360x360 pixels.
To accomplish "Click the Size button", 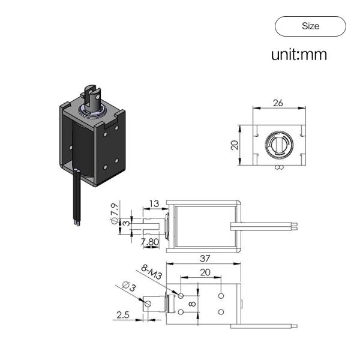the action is coord(310,26).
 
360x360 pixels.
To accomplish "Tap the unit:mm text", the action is coord(299,55).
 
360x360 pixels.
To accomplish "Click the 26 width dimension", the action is coord(278,103).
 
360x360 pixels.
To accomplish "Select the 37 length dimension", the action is coord(205,259).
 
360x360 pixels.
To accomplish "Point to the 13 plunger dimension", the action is coord(154,203).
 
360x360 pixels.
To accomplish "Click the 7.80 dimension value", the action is coord(149,242).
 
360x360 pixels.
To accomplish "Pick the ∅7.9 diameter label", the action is coord(115,213).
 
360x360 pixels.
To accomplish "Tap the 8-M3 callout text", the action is coord(152,272).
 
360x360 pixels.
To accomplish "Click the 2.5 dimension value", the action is coord(123,315).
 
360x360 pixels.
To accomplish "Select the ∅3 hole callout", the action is coord(129,286).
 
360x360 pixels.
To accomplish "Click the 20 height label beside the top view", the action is coord(235,145).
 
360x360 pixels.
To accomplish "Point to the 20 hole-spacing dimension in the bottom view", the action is coord(205,272).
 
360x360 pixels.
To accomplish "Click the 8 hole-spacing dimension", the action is coord(192,304).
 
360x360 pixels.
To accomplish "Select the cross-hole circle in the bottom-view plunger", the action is coord(148,304).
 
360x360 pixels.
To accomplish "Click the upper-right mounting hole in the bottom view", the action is coord(221,295).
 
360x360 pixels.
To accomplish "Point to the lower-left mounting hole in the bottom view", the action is coord(181,312).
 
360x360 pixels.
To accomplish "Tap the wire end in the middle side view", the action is coord(295,226).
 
